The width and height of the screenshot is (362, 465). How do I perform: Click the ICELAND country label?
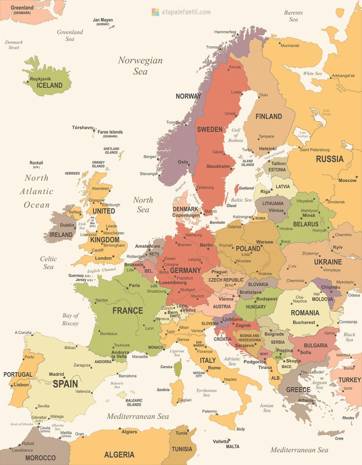(x=49, y=85)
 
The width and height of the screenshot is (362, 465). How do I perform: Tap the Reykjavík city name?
(x=40, y=79)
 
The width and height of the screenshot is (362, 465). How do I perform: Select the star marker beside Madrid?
(x=64, y=378)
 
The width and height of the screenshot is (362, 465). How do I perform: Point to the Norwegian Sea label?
(x=140, y=66)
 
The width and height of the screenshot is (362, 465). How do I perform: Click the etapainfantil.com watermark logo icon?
(x=155, y=12)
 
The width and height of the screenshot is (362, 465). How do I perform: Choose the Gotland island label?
(x=246, y=188)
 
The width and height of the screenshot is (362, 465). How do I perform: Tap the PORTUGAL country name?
(x=18, y=374)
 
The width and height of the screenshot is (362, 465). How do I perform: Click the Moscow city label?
(x=347, y=180)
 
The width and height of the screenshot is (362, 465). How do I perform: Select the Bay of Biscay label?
(x=70, y=319)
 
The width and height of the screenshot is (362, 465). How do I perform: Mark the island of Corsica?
(x=178, y=368)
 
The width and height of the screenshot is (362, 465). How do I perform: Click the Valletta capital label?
(x=221, y=441)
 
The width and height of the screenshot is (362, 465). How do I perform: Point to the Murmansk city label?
(x=290, y=46)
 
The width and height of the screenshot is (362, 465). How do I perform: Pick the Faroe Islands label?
(x=110, y=132)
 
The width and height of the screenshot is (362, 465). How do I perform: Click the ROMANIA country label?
(x=305, y=313)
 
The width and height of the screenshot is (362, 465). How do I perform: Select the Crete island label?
(x=339, y=438)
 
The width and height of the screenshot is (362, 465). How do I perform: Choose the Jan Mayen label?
(x=103, y=20)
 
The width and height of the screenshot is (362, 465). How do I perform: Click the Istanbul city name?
(x=343, y=355)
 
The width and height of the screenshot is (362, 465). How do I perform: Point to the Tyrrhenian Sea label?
(x=206, y=393)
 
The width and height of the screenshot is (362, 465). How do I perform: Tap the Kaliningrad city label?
(x=242, y=217)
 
